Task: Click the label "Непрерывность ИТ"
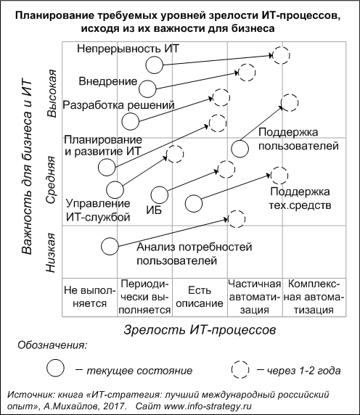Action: (128, 49)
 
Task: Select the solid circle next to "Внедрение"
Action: (147, 89)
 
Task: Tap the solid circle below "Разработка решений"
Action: (130, 121)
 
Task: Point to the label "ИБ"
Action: (154, 210)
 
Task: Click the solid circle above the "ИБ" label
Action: (160, 195)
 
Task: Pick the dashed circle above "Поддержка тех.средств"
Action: (279, 176)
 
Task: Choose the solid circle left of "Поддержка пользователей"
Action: (240, 149)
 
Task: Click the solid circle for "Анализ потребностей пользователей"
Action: (110, 246)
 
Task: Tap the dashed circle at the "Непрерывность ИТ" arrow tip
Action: (282, 55)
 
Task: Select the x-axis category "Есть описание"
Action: (200, 297)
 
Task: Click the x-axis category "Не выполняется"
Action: (90, 297)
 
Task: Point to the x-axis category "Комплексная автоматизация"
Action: (314, 297)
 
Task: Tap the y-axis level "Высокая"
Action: (51, 94)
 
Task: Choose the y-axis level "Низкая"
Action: (51, 252)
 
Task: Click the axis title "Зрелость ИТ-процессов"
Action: (200, 330)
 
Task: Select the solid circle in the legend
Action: (55, 368)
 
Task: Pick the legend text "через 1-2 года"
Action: (303, 371)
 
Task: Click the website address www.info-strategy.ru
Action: (208, 406)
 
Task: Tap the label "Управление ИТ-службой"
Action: (98, 210)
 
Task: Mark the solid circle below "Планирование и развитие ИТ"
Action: (107, 168)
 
